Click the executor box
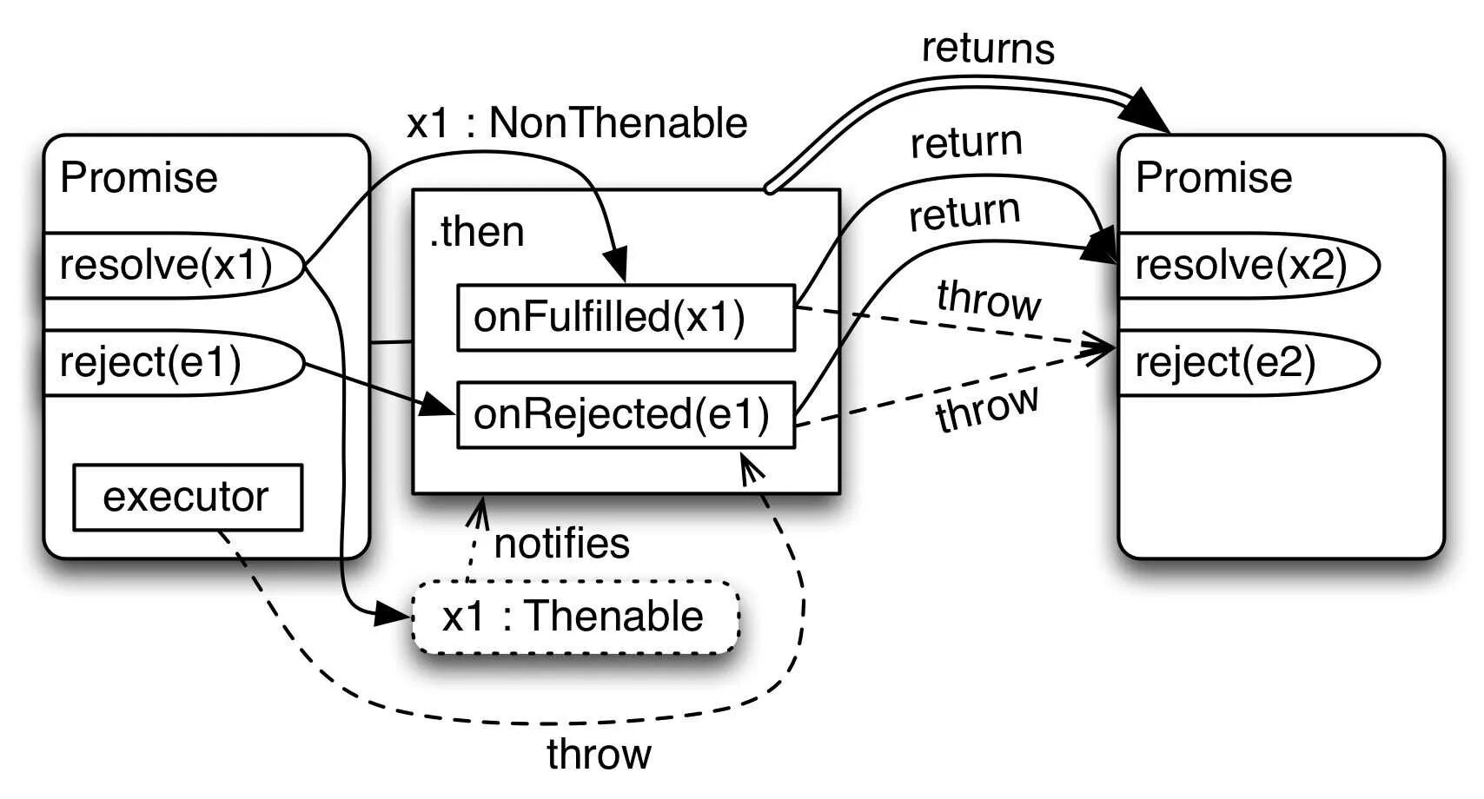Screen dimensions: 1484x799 coord(188,497)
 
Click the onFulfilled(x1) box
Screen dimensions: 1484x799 coord(626,317)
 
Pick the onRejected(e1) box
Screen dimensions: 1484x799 coord(626,415)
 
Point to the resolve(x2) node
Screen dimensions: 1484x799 coord(1249,265)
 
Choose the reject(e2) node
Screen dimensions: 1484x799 coord(1249,363)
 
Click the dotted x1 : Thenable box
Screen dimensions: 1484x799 coord(575,617)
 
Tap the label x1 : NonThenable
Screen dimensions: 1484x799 coord(577,123)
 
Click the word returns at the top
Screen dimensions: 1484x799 coord(988,49)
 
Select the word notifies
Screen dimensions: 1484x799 coord(562,544)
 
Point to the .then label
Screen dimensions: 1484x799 coord(476,232)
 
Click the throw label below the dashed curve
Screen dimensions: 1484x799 coord(599,754)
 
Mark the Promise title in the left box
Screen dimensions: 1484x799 coord(138,177)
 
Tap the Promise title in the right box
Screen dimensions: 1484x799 coord(1214,177)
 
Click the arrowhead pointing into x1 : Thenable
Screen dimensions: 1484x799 coord(392,615)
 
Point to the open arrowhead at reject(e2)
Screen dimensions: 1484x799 coord(1097,349)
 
